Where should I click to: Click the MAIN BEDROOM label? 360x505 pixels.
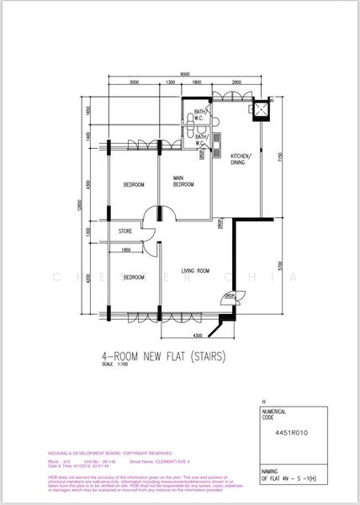(x=184, y=181)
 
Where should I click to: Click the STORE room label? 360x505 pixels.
(x=125, y=231)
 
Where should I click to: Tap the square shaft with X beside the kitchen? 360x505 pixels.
(x=261, y=109)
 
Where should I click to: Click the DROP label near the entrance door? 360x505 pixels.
(x=229, y=295)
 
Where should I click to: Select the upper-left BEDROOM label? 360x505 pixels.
(x=134, y=184)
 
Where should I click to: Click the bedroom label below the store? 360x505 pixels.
(x=134, y=277)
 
